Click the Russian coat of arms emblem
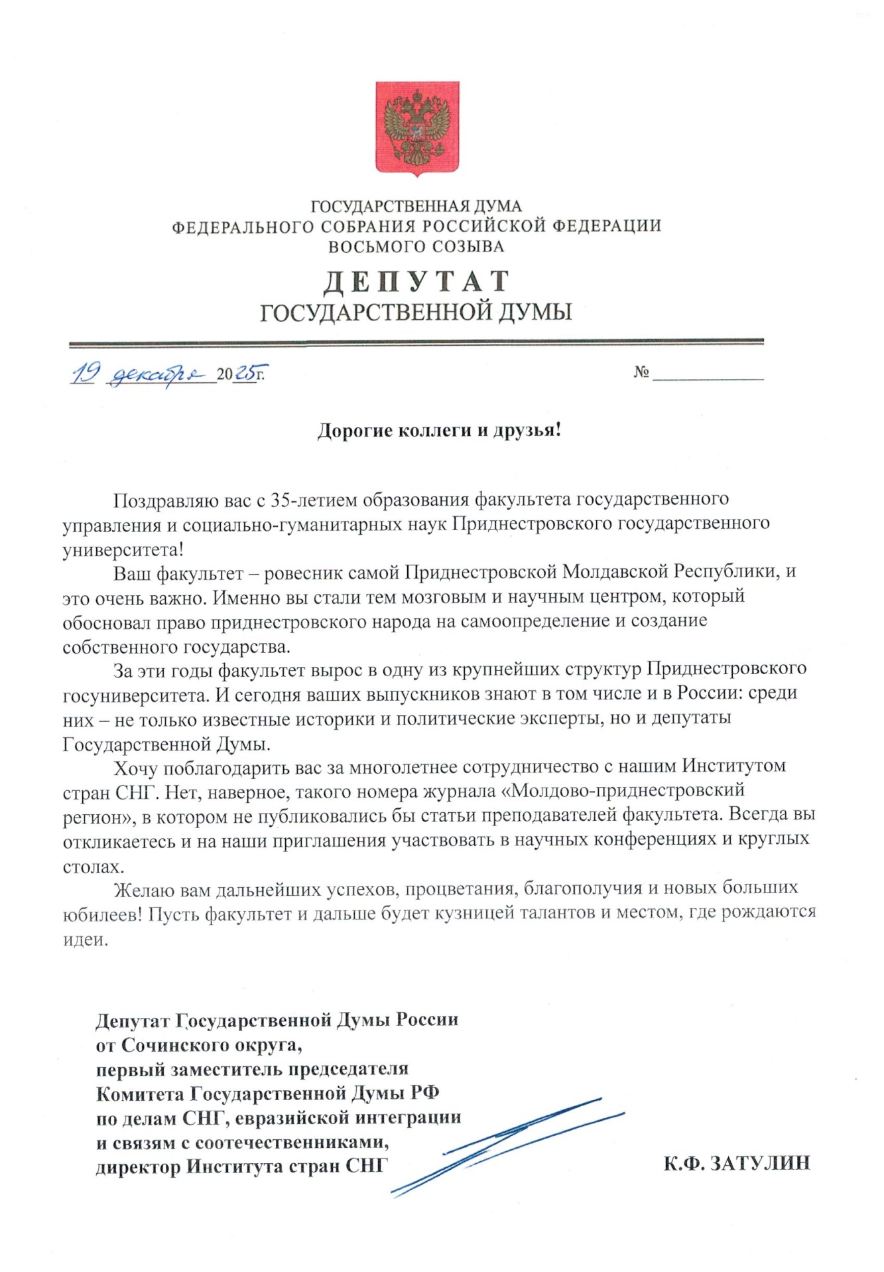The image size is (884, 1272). click(x=417, y=128)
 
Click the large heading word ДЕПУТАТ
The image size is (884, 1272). click(x=416, y=282)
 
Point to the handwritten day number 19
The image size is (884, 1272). click(x=86, y=374)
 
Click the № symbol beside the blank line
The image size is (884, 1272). click(x=641, y=372)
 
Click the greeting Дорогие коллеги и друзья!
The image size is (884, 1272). click(x=439, y=431)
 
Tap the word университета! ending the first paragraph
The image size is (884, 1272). click(x=123, y=550)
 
